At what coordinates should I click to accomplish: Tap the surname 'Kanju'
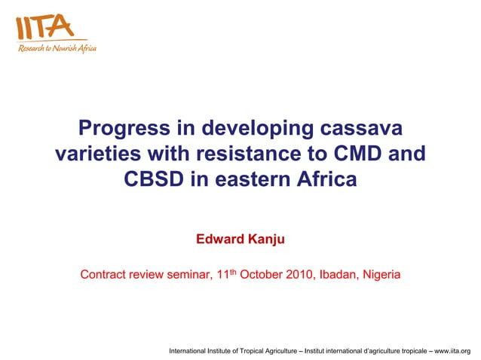[267, 239]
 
